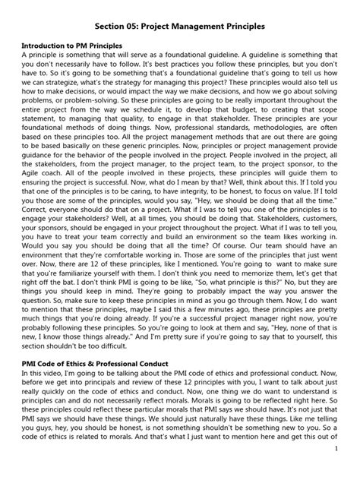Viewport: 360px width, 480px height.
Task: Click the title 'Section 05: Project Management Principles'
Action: click(x=180, y=25)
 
